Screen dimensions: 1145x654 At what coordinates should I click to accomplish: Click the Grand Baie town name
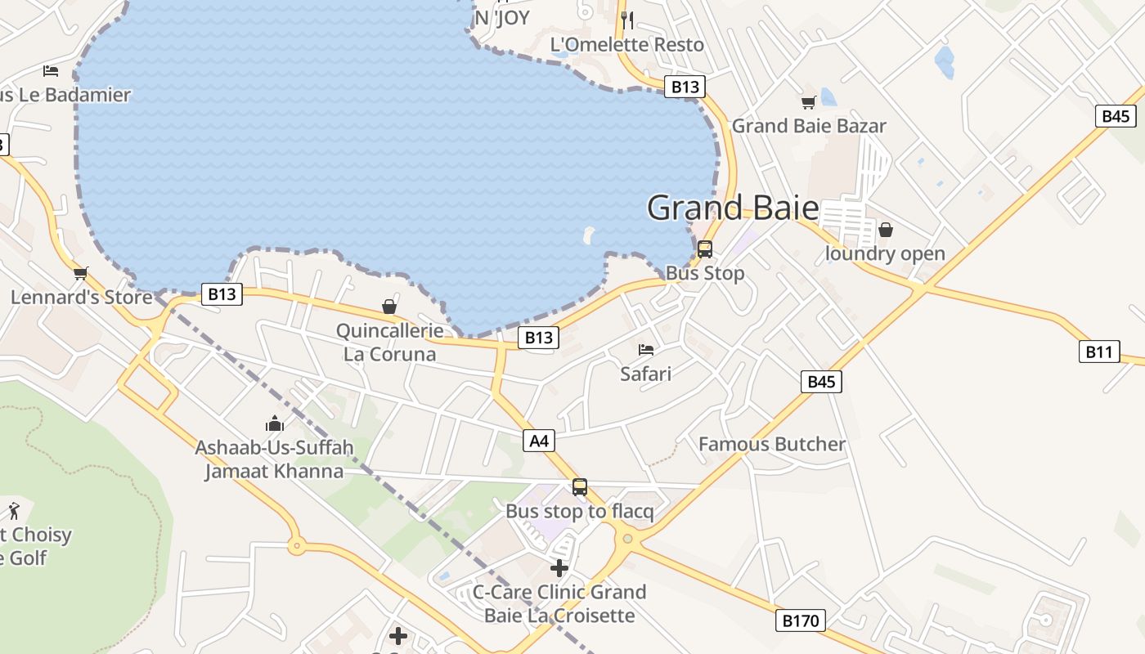point(733,208)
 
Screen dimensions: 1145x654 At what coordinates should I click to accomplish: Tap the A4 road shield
point(539,441)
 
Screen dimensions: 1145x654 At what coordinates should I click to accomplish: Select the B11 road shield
point(1098,352)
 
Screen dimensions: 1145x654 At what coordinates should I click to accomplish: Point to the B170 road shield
point(800,620)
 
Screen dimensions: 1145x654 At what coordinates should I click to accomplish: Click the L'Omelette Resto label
point(627,45)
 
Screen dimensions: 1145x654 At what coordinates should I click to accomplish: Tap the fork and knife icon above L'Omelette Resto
point(627,19)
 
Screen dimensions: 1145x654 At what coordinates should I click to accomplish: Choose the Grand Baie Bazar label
point(808,126)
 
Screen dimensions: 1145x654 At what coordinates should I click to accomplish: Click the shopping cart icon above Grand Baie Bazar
point(808,102)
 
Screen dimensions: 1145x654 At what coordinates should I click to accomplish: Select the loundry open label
point(885,253)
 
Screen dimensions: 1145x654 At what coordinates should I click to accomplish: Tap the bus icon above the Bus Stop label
point(705,249)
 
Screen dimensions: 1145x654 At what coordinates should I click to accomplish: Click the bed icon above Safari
point(646,350)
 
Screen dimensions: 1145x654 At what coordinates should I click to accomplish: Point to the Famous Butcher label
point(772,444)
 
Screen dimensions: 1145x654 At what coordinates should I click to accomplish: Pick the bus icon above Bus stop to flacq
point(580,487)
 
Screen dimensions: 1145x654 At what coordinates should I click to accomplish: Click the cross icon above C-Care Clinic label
point(559,567)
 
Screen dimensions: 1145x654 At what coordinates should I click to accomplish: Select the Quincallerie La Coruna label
point(390,343)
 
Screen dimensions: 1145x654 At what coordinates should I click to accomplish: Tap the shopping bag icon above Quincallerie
point(389,307)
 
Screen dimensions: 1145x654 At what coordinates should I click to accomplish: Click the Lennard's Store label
point(82,297)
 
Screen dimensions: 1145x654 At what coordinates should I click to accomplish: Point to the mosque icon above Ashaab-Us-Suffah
point(274,423)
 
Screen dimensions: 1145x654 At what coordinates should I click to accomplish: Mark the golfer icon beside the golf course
point(14,512)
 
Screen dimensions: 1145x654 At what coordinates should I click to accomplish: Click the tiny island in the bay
point(588,235)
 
